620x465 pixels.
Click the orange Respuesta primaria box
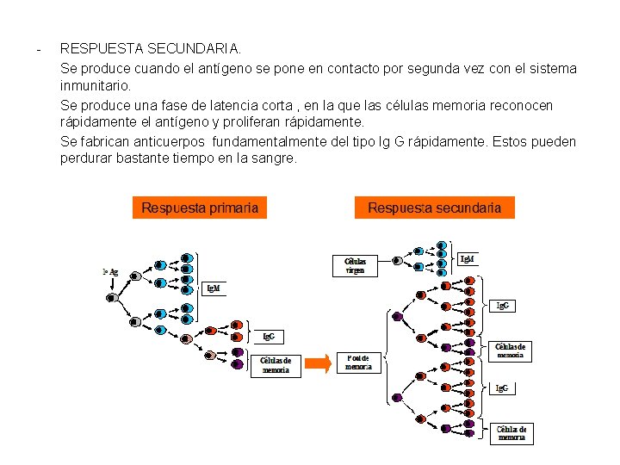click(200, 208)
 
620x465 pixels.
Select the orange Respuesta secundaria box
click(434, 208)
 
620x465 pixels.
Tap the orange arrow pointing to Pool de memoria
click(318, 363)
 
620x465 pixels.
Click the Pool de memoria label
click(359, 363)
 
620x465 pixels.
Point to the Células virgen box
click(356, 264)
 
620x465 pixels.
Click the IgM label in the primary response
click(212, 288)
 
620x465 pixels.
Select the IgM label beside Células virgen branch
click(467, 259)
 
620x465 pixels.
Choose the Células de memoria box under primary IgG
click(276, 365)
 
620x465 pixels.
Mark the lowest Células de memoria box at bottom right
click(512, 433)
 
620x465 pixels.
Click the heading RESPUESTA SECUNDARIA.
click(151, 50)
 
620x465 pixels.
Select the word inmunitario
click(95, 86)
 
